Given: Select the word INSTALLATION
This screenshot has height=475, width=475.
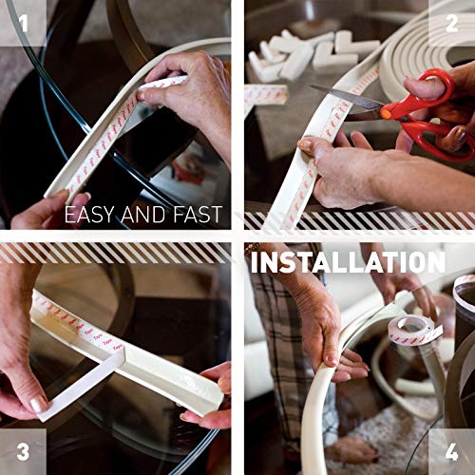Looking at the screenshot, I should [x=348, y=261].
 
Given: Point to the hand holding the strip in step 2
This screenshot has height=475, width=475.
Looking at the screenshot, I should [x=342, y=157].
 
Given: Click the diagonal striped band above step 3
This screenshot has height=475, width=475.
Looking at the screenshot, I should [x=114, y=253].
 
